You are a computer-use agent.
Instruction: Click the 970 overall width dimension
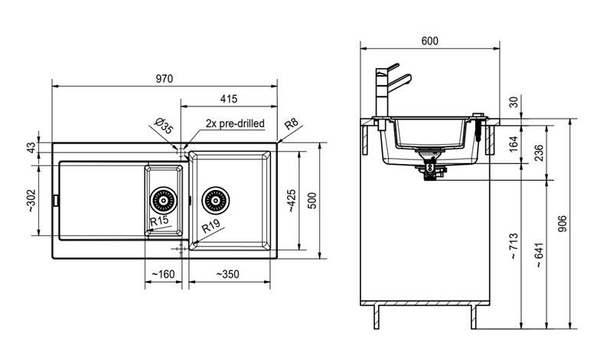pyautogui.click(x=164, y=79)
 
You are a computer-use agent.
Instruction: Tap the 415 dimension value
pyautogui.click(x=228, y=99)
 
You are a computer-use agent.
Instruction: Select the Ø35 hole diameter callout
pyautogui.click(x=164, y=126)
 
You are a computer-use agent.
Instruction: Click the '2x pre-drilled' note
pyautogui.click(x=235, y=123)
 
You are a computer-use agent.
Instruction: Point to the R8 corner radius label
pyautogui.click(x=292, y=124)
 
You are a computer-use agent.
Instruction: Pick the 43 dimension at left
pyautogui.click(x=31, y=147)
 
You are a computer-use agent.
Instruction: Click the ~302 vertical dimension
pyautogui.click(x=31, y=201)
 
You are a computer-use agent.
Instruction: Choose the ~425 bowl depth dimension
pyautogui.click(x=292, y=201)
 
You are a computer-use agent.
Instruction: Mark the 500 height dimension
pyautogui.click(x=312, y=201)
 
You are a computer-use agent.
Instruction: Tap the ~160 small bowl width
pyautogui.click(x=163, y=274)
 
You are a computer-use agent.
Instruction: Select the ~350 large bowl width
pyautogui.click(x=227, y=274)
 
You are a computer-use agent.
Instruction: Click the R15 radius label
pyautogui.click(x=159, y=221)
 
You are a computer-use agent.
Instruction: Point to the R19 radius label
pyautogui.click(x=210, y=226)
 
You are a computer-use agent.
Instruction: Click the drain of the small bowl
pyautogui.click(x=164, y=201)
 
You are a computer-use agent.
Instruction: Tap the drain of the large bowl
pyautogui.click(x=216, y=201)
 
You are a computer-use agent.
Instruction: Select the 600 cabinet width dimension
pyautogui.click(x=430, y=41)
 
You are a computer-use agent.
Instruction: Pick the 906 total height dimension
pyautogui.click(x=562, y=224)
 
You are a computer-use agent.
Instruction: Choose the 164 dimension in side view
pyautogui.click(x=514, y=144)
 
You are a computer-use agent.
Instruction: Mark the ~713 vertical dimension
pyautogui.click(x=514, y=246)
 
